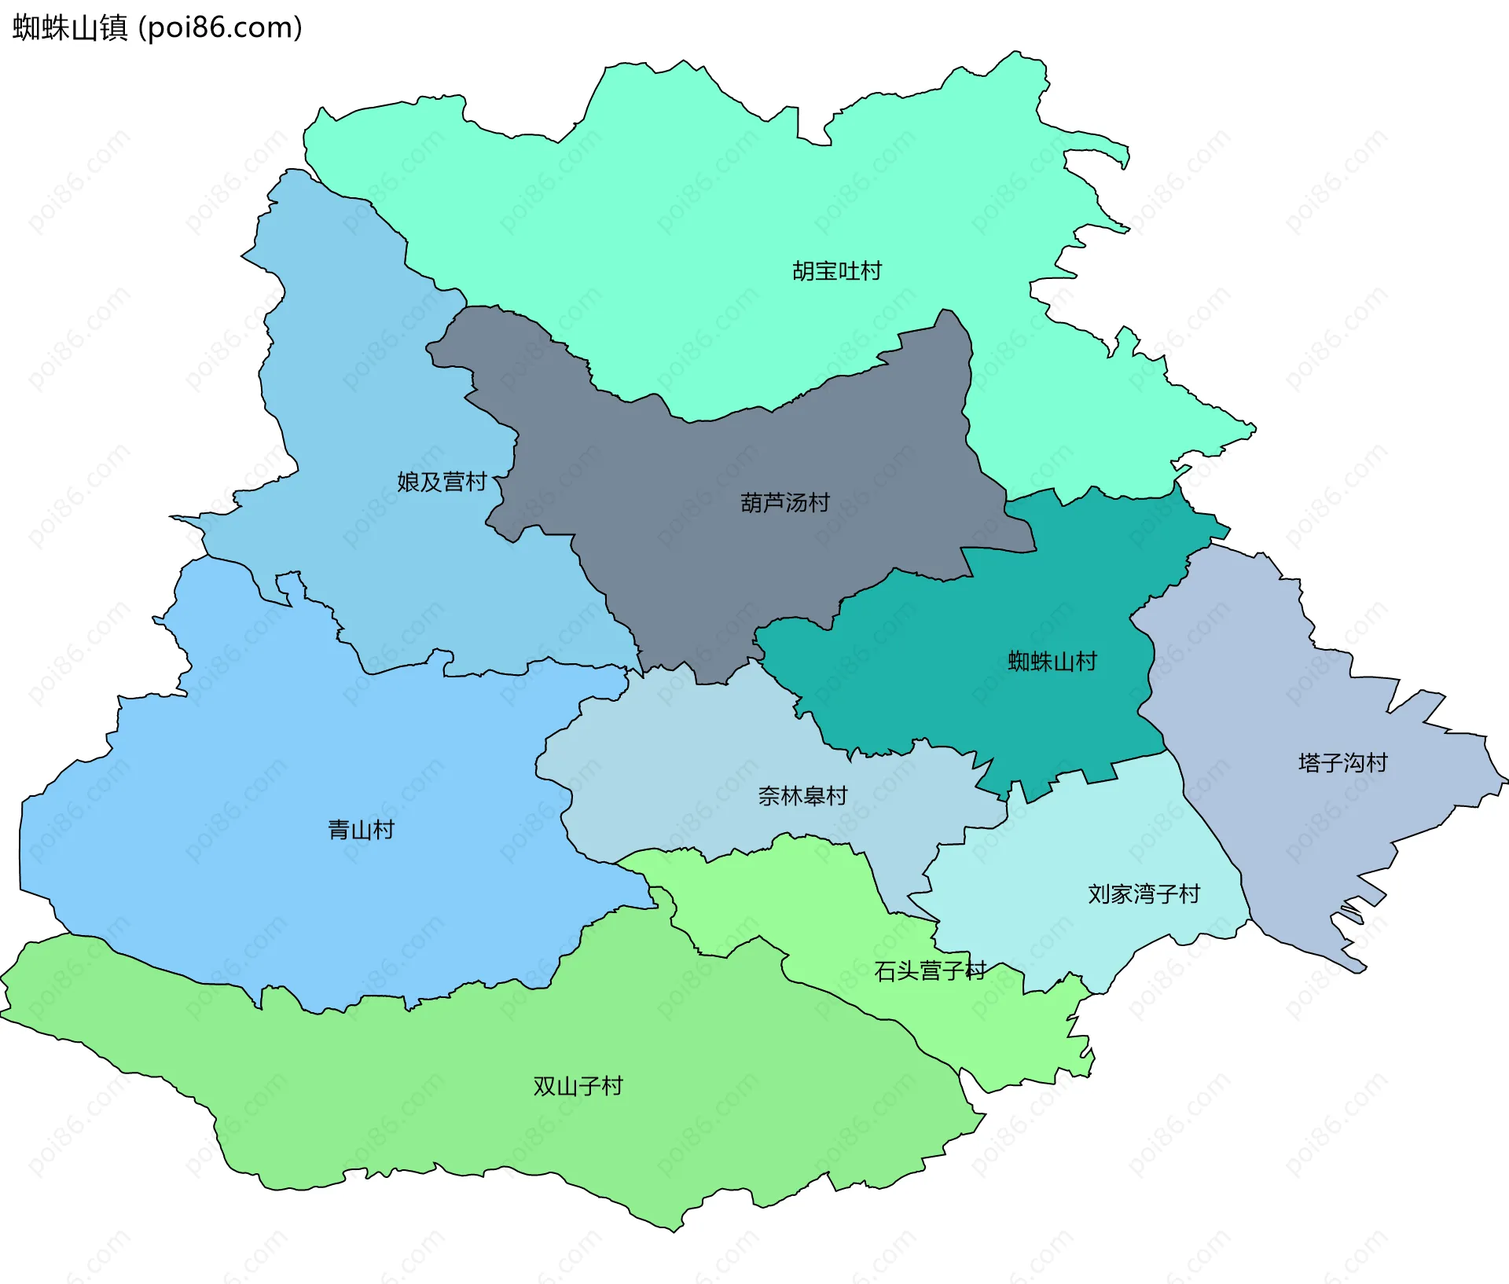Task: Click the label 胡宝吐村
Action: tap(837, 271)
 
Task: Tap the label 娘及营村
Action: tap(442, 482)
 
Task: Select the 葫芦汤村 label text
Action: tap(785, 503)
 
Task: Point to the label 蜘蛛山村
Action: tap(1052, 662)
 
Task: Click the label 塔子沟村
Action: tap(1343, 763)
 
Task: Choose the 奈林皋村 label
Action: tap(802, 796)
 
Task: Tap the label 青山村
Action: tap(361, 830)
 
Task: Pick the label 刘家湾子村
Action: tap(1144, 894)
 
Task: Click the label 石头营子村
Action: tap(930, 971)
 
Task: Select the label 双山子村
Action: tap(578, 1087)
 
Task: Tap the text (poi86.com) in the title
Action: tap(221, 28)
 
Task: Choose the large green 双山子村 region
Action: tap(472, 1116)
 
